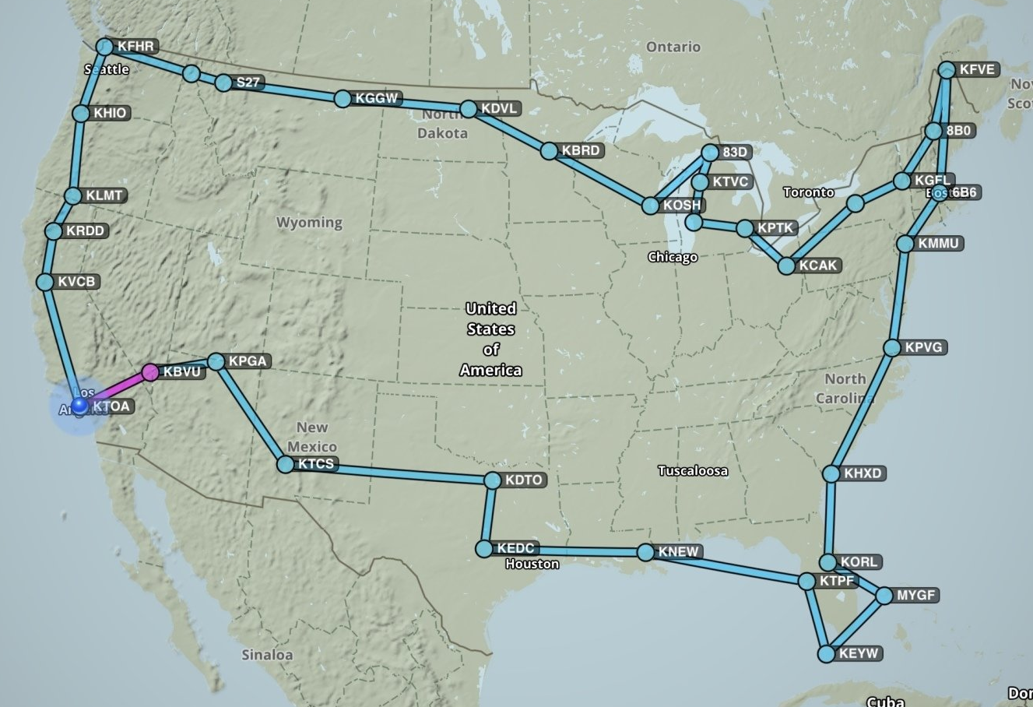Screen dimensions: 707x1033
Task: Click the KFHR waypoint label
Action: point(135,47)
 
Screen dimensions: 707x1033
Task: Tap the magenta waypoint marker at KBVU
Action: point(150,372)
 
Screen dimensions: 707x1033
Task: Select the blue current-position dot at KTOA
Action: point(79,406)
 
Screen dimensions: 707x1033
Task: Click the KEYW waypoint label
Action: point(858,654)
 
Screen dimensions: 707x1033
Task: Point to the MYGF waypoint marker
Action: point(884,596)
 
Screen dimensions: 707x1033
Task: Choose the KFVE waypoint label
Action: point(977,70)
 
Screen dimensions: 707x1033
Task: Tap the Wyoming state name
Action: point(309,223)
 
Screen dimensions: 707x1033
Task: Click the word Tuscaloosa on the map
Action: point(693,470)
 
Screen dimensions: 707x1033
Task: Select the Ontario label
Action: point(673,47)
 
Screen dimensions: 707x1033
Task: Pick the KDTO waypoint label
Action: point(523,480)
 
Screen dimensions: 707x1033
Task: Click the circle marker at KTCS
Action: point(286,465)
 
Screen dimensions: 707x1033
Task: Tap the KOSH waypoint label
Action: point(682,206)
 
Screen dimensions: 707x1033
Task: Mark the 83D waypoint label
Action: point(735,153)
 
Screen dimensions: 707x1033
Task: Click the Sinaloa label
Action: point(267,655)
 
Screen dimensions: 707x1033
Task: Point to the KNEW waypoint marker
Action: point(645,552)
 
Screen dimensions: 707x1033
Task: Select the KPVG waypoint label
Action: point(923,347)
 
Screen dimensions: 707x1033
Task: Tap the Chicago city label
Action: point(673,257)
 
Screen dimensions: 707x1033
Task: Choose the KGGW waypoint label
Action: point(377,99)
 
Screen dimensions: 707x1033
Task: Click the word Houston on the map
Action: point(532,564)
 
